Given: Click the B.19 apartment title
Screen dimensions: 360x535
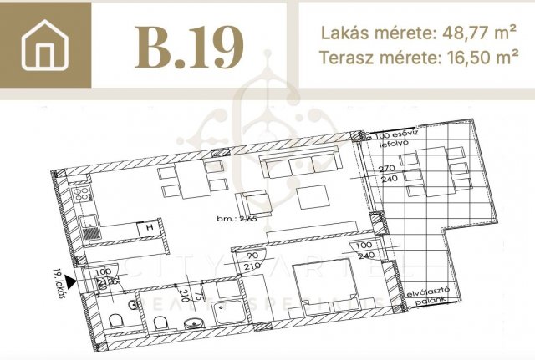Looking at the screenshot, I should coord(188,46).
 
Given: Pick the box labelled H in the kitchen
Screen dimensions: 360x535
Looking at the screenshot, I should coord(148,227).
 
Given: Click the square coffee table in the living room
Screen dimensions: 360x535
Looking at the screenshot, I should coord(316,196).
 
